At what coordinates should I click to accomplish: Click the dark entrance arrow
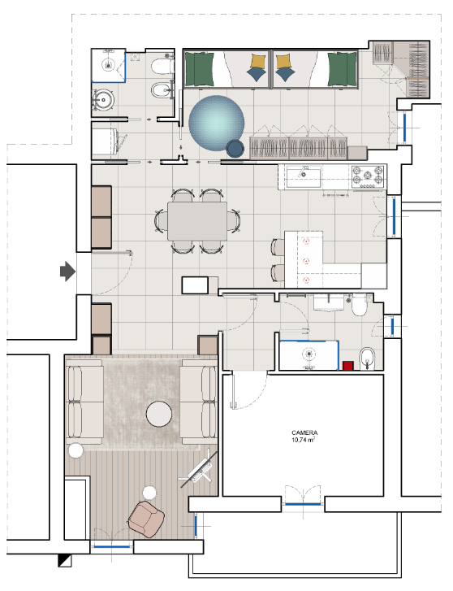67,271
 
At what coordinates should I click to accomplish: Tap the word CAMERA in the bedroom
304,432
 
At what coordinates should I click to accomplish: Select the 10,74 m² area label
303,440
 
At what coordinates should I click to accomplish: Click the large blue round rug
217,123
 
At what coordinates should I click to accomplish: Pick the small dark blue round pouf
235,149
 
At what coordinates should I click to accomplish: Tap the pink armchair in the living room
146,519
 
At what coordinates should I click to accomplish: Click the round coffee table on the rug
159,414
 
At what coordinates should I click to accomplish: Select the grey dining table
197,221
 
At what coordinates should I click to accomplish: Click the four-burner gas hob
368,176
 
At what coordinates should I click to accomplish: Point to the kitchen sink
304,177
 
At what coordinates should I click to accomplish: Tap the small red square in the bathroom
348,366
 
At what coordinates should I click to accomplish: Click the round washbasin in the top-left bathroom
103,100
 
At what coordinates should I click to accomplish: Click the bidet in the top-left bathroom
162,89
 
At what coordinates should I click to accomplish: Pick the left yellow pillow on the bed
258,60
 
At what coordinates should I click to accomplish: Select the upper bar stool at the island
278,247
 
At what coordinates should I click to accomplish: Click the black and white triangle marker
65,560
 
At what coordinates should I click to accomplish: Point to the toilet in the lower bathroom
360,306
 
